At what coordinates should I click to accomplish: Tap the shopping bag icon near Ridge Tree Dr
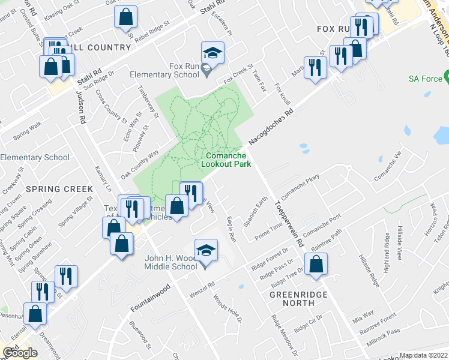coord(316,264)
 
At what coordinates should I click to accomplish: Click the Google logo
coord(20,353)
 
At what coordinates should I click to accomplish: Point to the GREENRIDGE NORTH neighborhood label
coord(292,299)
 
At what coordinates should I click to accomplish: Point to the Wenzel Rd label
coord(202,290)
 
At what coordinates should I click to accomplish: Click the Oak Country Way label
coord(139,164)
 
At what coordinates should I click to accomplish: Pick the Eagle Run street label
coord(231,230)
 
